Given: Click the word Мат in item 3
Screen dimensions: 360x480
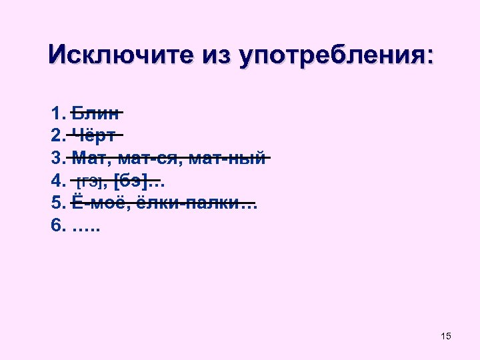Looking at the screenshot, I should coord(88,158).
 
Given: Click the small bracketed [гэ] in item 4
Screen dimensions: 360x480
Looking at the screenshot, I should coord(92,181).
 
